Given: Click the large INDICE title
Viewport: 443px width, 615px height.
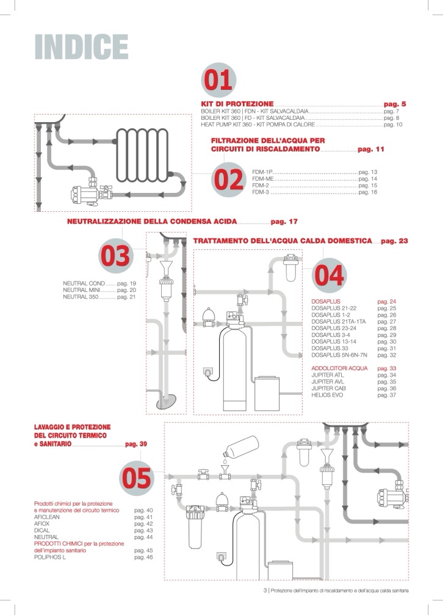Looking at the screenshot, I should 81,47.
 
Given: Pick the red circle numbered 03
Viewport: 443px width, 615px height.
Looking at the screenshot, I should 115,257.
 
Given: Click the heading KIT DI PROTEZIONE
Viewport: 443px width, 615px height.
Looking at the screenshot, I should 237,104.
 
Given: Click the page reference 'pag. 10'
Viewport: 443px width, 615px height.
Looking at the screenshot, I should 393,124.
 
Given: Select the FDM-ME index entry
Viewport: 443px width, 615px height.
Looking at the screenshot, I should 263,179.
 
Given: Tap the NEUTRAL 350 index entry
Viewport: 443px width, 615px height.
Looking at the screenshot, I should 81,297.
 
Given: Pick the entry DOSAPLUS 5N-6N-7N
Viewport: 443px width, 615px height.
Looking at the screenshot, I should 337,355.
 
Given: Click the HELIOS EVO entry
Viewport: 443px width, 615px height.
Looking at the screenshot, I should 330,395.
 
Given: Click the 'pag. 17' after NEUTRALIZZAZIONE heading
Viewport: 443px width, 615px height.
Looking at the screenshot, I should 284,220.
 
